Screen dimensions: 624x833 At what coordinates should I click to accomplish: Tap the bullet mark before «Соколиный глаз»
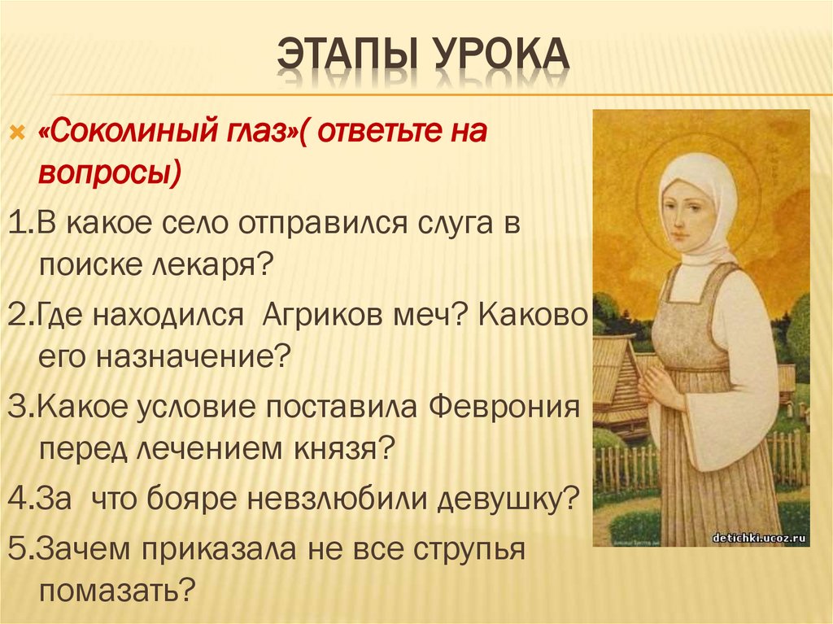[x=15, y=133]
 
